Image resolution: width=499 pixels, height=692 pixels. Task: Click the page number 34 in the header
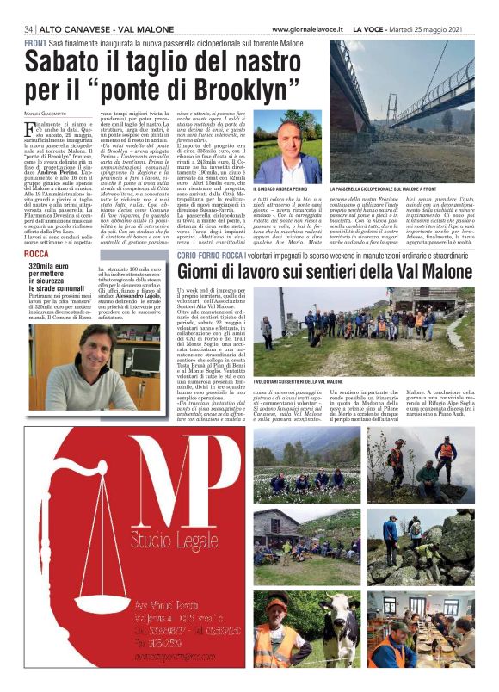click(x=30, y=28)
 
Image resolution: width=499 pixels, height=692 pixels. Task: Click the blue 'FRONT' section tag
click(x=36, y=43)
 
